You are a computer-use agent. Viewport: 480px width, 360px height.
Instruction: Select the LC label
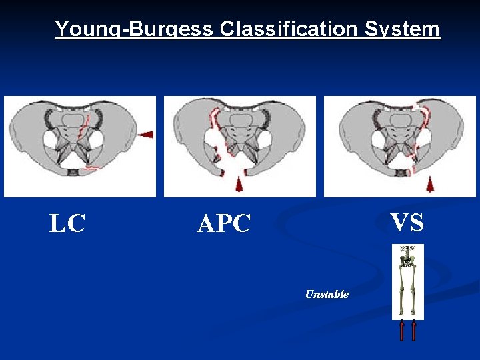tap(67, 223)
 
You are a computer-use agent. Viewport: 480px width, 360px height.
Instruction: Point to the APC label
tap(223, 224)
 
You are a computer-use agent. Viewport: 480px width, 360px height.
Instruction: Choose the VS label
tap(407, 222)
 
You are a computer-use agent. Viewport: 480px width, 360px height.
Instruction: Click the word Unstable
tap(327, 294)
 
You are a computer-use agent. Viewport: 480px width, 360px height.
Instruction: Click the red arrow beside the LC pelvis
tap(145, 135)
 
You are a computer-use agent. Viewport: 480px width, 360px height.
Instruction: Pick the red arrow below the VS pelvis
tap(430, 184)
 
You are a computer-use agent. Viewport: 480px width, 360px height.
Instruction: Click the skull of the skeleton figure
tap(407, 249)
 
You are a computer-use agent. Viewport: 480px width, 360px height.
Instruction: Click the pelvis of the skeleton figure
tap(407, 262)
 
